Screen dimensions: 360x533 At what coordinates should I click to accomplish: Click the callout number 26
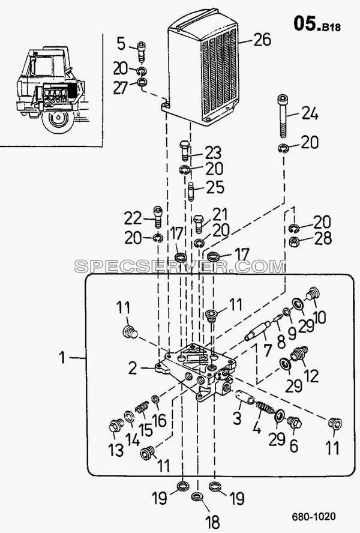[262, 40]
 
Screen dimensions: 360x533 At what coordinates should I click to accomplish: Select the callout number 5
[121, 44]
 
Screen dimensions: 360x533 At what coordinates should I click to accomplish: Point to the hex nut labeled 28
[295, 242]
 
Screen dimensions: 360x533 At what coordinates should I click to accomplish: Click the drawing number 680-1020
[313, 516]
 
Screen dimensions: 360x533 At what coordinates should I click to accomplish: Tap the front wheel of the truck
[58, 119]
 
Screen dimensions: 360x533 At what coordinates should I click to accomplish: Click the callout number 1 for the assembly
[62, 358]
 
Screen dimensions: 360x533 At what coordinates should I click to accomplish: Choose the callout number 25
[215, 187]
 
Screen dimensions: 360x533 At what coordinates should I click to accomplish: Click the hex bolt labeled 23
[185, 151]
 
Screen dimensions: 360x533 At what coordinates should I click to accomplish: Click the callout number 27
[121, 88]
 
